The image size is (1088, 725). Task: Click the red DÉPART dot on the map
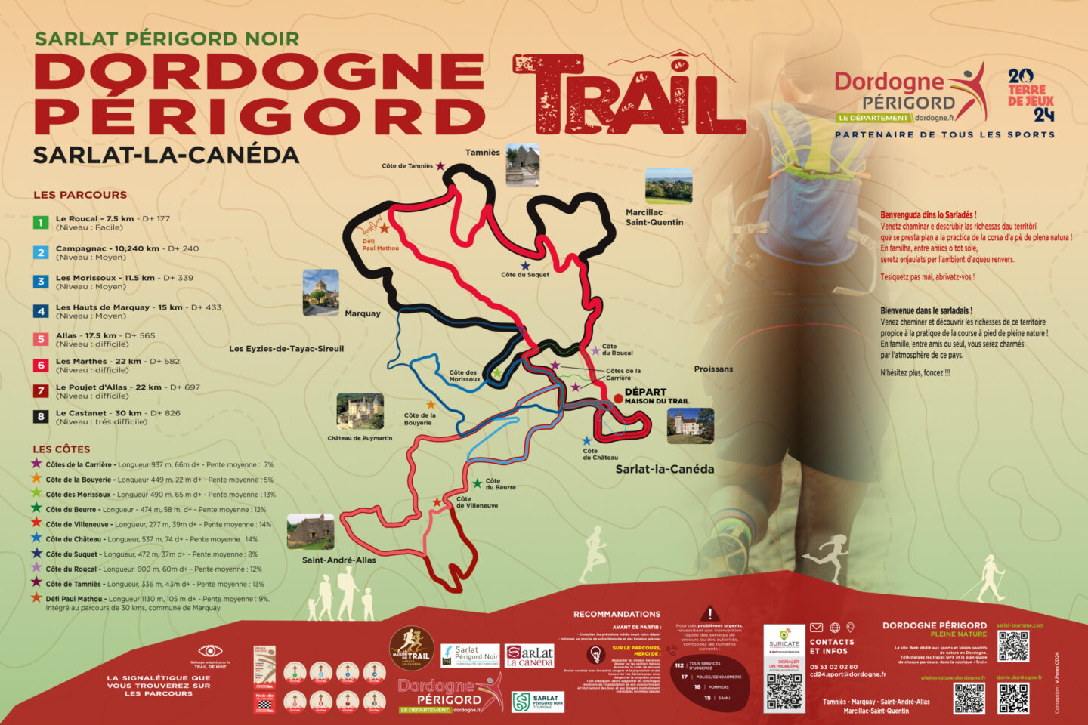pyautogui.click(x=618, y=398)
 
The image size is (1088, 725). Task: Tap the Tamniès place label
pyautogui.click(x=482, y=153)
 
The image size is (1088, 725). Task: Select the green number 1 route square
pyautogui.click(x=42, y=223)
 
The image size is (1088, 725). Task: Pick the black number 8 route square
pyautogui.click(x=42, y=417)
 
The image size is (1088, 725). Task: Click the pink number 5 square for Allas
pyautogui.click(x=42, y=340)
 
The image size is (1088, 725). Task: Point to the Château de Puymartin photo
pyautogui.click(x=360, y=412)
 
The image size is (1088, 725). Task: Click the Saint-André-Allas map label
pyautogui.click(x=338, y=560)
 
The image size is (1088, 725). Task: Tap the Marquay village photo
pyautogui.click(x=320, y=292)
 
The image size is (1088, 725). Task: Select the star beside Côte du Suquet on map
pyautogui.click(x=525, y=266)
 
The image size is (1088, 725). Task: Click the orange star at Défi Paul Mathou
pyautogui.click(x=385, y=228)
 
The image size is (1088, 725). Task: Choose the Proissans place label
pyautogui.click(x=713, y=369)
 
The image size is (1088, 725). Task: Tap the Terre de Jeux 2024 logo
pyautogui.click(x=1031, y=95)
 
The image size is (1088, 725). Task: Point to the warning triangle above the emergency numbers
pyautogui.click(x=709, y=614)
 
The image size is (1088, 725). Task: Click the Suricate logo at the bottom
pyautogui.click(x=784, y=638)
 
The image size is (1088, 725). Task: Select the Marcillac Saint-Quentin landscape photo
pyautogui.click(x=669, y=186)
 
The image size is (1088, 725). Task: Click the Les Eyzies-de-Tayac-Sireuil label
pyautogui.click(x=286, y=349)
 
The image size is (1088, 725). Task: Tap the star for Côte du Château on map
pyautogui.click(x=587, y=440)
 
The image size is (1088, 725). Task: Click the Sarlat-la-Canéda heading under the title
pyautogui.click(x=166, y=156)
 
